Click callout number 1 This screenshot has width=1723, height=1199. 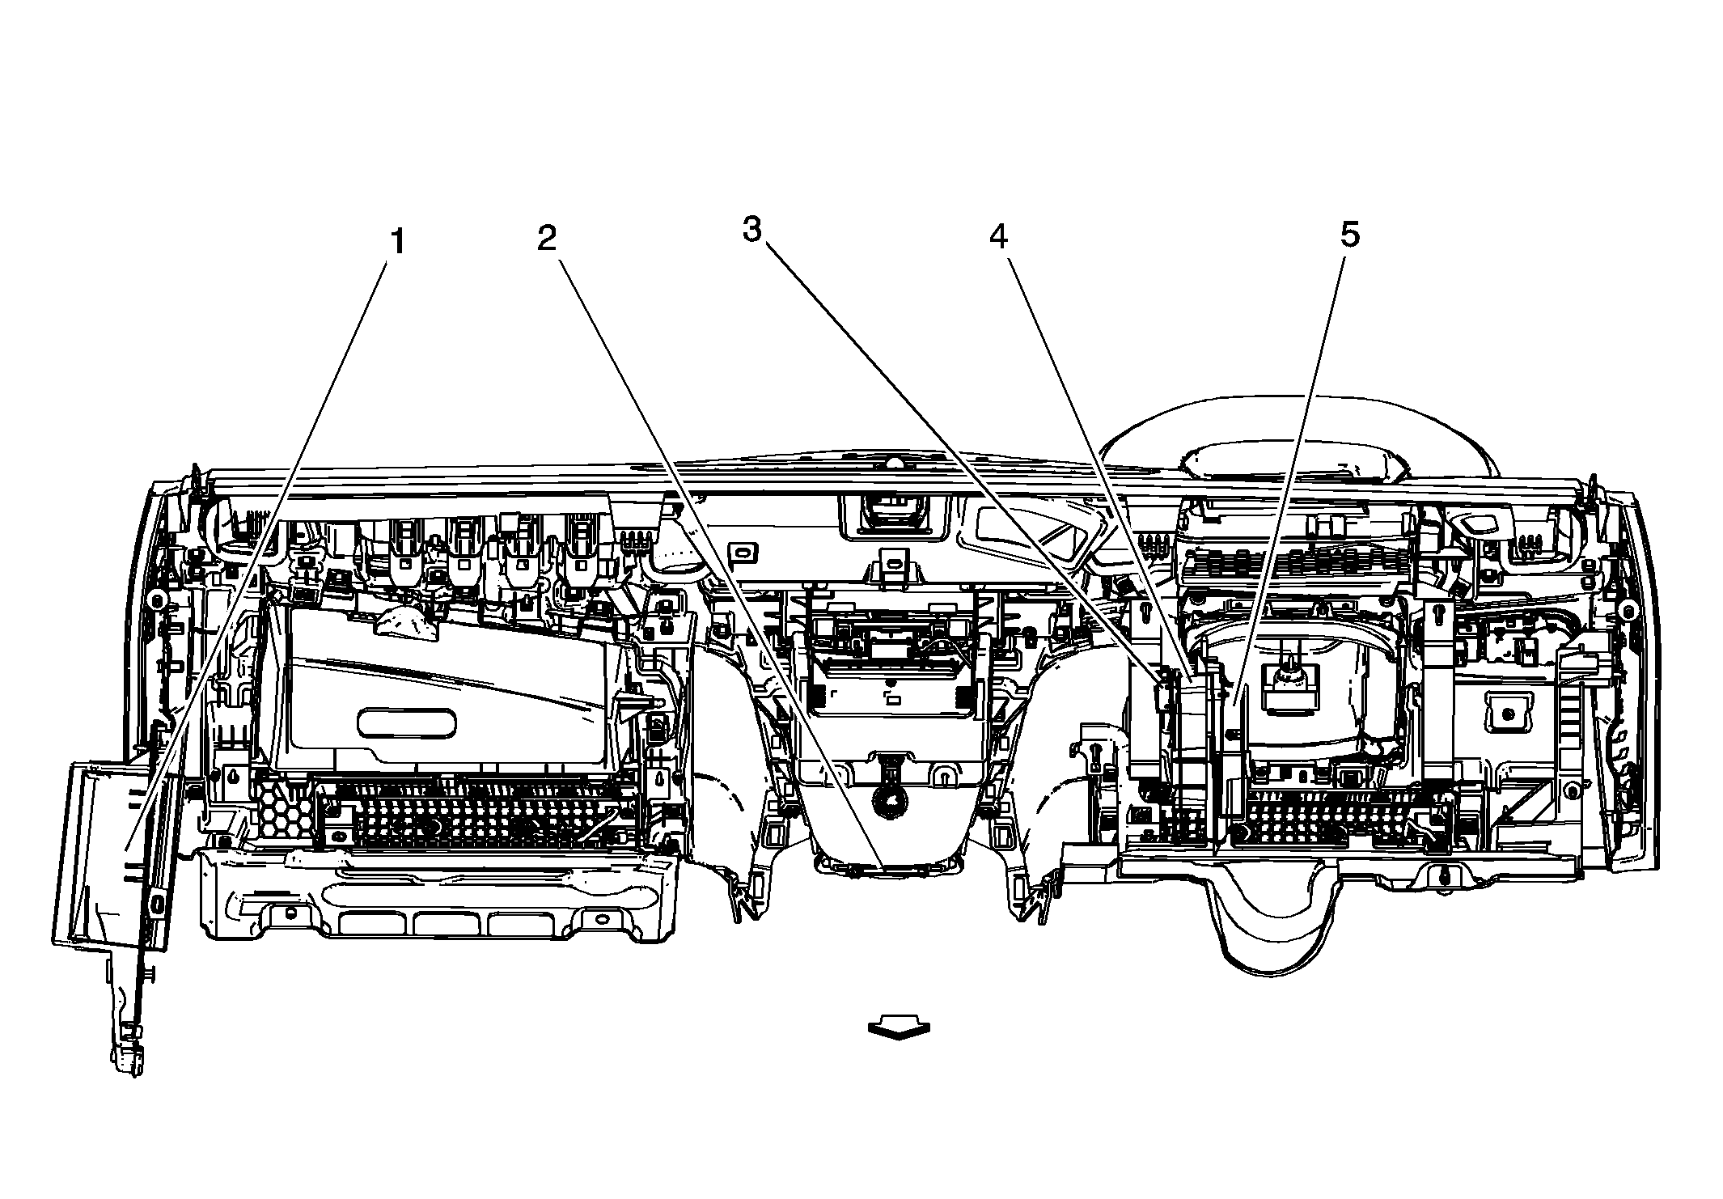[397, 242]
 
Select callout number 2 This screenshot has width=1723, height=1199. [548, 239]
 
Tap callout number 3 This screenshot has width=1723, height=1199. [752, 231]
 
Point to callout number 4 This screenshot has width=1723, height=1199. [998, 236]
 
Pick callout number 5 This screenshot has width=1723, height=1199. [1349, 235]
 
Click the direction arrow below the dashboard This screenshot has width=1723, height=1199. [899, 1029]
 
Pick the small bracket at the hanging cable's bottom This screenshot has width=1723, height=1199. [128, 1055]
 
